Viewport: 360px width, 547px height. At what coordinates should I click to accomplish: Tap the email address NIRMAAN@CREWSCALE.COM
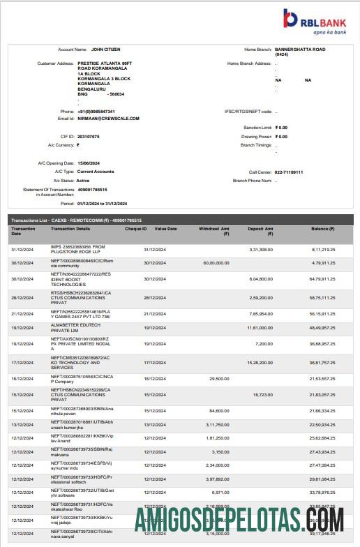(x=109, y=118)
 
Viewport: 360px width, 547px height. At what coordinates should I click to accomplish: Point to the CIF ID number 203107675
(x=89, y=136)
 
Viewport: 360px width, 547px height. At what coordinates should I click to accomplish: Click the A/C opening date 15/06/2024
(x=89, y=163)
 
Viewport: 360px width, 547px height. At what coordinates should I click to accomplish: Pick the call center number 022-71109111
(x=289, y=172)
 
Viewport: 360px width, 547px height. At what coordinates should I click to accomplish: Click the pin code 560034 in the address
(x=115, y=93)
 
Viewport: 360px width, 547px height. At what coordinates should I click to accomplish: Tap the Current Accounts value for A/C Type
(x=96, y=172)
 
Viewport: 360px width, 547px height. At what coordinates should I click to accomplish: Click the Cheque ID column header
(x=135, y=229)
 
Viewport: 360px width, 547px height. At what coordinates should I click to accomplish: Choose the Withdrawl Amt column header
(x=213, y=231)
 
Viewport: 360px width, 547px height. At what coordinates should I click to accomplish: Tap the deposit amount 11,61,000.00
(x=259, y=327)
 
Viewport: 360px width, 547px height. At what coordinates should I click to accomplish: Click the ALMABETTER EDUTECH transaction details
(x=79, y=327)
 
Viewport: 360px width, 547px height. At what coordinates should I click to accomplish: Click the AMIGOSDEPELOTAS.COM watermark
(x=240, y=520)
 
